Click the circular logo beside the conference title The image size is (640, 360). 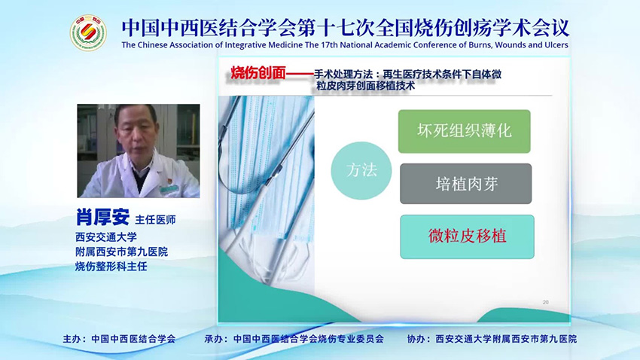(88, 32)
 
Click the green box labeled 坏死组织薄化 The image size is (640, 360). (465, 131)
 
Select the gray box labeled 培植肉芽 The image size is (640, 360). (465, 184)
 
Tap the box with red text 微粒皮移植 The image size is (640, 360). (467, 236)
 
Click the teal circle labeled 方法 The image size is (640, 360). (361, 170)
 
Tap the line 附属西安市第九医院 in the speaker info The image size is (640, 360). (121, 252)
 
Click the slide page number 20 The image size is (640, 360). (545, 302)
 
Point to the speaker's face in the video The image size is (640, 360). (136, 133)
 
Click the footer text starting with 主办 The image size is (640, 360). (119, 340)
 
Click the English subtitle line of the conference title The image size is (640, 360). (345, 45)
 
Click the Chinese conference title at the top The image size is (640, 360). (345, 27)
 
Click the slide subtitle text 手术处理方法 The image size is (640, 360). (349, 73)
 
